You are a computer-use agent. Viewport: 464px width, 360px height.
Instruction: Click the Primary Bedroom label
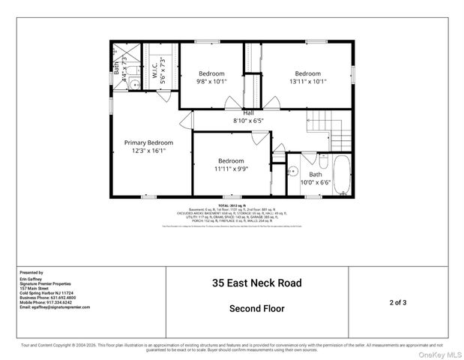[x=148, y=142]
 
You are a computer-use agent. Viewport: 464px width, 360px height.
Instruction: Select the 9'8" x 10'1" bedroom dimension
[x=211, y=81]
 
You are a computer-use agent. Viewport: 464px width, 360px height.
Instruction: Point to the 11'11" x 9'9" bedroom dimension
[x=231, y=169]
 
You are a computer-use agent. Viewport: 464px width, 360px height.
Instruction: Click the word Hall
[x=248, y=113]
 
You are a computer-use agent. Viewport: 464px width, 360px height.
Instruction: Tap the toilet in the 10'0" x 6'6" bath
[x=321, y=160]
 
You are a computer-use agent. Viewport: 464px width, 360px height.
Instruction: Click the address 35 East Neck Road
[x=256, y=283]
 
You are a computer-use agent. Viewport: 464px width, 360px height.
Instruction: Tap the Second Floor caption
[x=256, y=308]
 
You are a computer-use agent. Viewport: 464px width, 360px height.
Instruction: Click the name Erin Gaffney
[x=28, y=279]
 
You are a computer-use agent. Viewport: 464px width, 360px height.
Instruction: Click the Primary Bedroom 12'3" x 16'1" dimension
[x=148, y=151]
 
